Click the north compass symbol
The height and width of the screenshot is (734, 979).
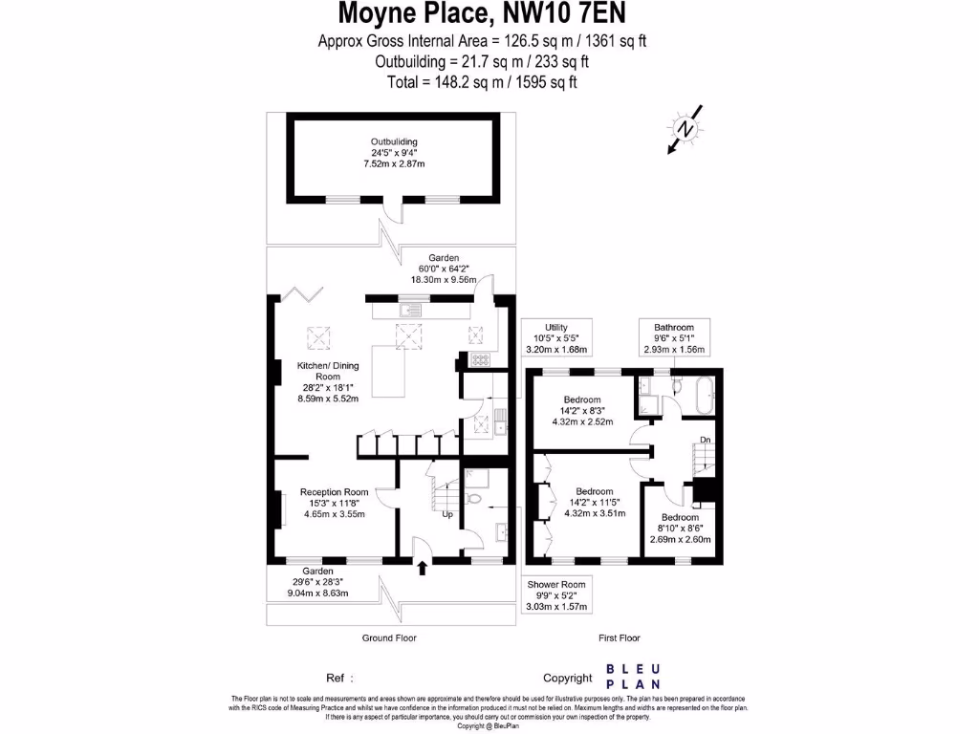coord(685,130)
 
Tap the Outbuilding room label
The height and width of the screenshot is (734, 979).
coord(394,153)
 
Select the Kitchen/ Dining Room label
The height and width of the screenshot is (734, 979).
coord(315,380)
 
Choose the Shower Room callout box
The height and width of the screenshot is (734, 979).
coord(556,594)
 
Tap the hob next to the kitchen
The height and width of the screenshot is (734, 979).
coord(480,360)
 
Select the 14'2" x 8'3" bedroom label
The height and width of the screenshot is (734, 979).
coord(581,410)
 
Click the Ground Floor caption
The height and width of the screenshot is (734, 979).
coord(389,637)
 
